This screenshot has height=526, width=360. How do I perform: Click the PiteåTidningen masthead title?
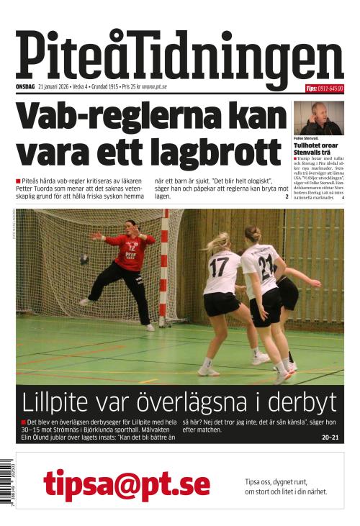click(x=179, y=55)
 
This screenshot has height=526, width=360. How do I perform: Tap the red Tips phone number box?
click(x=324, y=89)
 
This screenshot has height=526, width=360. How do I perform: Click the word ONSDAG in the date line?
click(x=26, y=88)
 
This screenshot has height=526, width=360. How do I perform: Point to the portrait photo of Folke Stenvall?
click(x=318, y=118)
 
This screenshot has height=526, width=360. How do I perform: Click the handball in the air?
click(x=84, y=258)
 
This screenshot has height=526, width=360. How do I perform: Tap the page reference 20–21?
click(x=330, y=437)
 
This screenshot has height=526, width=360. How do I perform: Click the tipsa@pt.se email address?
click(x=126, y=484)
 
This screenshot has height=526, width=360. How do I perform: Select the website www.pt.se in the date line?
click(x=154, y=88)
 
